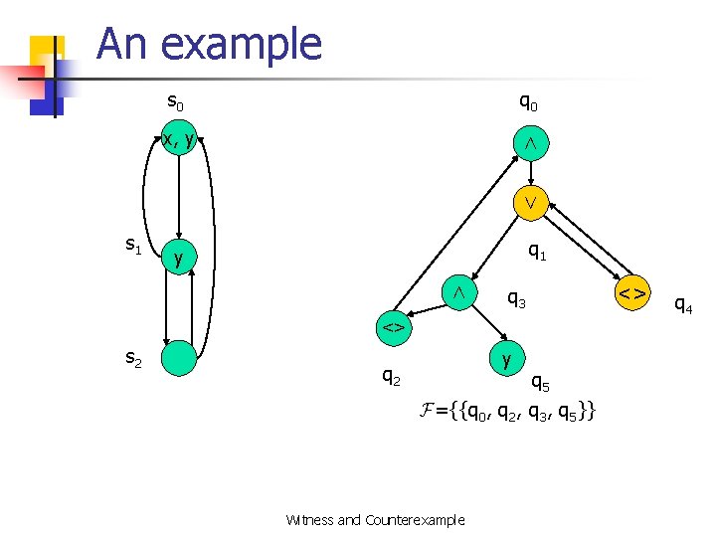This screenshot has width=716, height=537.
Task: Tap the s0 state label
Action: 175,102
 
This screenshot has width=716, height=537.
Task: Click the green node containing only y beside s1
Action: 179,259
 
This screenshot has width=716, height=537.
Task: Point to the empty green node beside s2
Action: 179,358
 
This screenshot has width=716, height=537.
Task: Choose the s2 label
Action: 132,360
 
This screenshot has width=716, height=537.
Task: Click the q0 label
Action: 529,101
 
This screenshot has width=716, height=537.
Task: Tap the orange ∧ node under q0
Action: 531,143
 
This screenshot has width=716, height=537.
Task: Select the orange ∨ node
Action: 531,202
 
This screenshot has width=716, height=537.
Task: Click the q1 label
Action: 537,253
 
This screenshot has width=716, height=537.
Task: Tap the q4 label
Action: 683,304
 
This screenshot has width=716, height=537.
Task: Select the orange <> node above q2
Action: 393,326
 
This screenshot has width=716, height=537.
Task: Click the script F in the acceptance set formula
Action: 430,410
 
